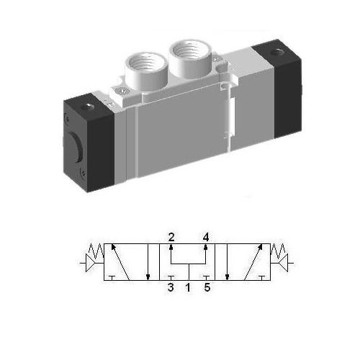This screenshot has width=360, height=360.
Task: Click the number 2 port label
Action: (x=171, y=236)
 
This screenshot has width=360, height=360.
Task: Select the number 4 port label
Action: (x=206, y=236)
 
